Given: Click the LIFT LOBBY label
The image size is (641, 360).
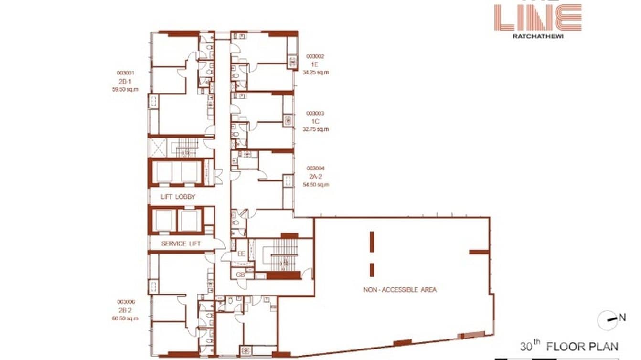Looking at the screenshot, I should pyautogui.click(x=178, y=197).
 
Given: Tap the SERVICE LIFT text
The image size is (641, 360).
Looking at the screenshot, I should pyautogui.click(x=181, y=244).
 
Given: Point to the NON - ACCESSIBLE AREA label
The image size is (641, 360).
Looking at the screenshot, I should pyautogui.click(x=400, y=289).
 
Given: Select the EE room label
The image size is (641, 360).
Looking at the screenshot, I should pyautogui.click(x=241, y=254).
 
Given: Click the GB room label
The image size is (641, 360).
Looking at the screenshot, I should pyautogui.click(x=240, y=275).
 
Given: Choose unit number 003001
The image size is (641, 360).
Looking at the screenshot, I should pyautogui.click(x=125, y=73).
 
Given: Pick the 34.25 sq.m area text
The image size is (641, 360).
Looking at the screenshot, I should pyautogui.click(x=315, y=73).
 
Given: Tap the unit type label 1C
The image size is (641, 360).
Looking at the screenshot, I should pyautogui.click(x=315, y=121).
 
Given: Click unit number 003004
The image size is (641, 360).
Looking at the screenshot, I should pyautogui.click(x=315, y=168).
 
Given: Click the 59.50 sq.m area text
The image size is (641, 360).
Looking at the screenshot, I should pyautogui.click(x=125, y=89).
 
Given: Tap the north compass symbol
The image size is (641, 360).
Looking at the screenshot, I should pyautogui.click(x=607, y=319).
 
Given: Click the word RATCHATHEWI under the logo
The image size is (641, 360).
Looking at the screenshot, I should pyautogui.click(x=538, y=35).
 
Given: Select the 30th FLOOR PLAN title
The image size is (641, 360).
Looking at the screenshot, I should pyautogui.click(x=569, y=346).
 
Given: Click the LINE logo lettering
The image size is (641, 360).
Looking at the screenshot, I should pyautogui.click(x=538, y=18).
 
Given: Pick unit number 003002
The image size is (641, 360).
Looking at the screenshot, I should pyautogui.click(x=315, y=56).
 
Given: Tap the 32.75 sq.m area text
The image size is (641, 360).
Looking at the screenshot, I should pyautogui.click(x=315, y=129).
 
